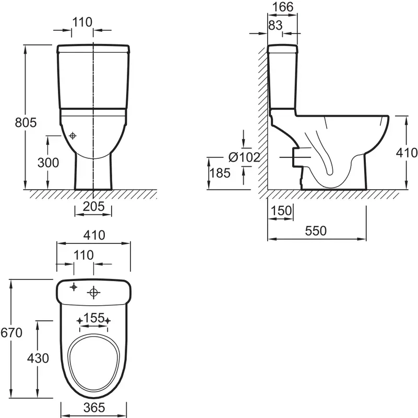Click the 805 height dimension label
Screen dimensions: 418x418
(26, 122)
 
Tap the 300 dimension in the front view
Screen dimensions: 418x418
(48, 162)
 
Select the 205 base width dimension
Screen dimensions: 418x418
(93, 206)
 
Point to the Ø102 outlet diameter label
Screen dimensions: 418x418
(244, 157)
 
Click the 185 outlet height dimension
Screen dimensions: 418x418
(220, 173)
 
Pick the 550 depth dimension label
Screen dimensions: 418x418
(316, 231)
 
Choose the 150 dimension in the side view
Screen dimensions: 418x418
(281, 211)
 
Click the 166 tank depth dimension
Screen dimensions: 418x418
(282, 7)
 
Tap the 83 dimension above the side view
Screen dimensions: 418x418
(276, 26)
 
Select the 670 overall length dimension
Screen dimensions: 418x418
(11, 333)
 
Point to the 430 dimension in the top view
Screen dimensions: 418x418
(38, 358)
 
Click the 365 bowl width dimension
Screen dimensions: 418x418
(94, 408)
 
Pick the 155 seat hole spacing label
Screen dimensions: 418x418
(94, 318)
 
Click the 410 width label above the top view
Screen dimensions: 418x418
(94, 235)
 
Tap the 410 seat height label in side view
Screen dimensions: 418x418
(407, 153)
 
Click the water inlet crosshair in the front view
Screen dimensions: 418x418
(73, 136)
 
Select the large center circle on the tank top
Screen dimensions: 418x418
(93, 293)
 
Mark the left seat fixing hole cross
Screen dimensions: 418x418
(79, 321)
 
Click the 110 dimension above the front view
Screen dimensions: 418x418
(82, 22)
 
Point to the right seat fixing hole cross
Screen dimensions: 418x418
(108, 321)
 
